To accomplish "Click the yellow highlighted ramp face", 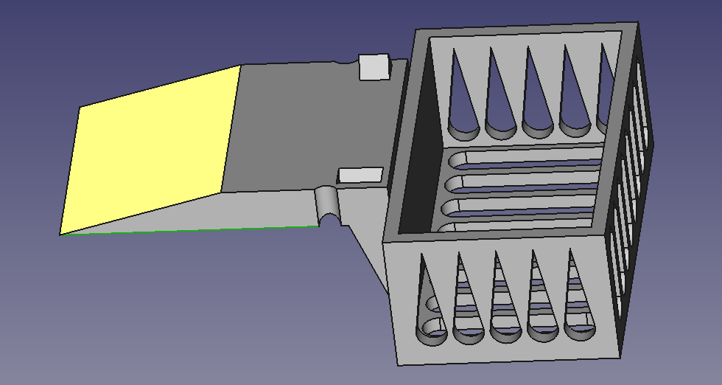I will pyautogui.click(x=151, y=151).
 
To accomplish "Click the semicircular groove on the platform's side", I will pyautogui.click(x=328, y=204).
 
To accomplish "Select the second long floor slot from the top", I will pyautogui.click(x=527, y=182).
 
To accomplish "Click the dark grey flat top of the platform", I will pyautogui.click(x=295, y=125).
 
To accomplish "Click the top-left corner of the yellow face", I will pyautogui.click(x=80, y=107).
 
